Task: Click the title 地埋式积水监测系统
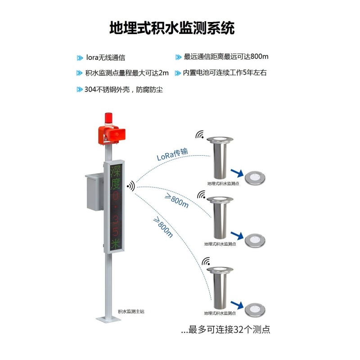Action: click(172, 28)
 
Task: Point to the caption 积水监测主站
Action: click(131, 311)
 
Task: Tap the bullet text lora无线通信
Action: click(105, 58)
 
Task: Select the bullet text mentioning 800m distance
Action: click(226, 57)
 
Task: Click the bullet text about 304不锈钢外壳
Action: click(123, 90)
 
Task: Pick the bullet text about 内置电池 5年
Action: click(228, 72)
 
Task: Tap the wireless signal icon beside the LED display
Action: click(130, 186)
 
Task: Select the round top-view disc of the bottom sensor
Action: click(254, 309)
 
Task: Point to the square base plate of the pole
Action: click(108, 319)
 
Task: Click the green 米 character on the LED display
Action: click(117, 243)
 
